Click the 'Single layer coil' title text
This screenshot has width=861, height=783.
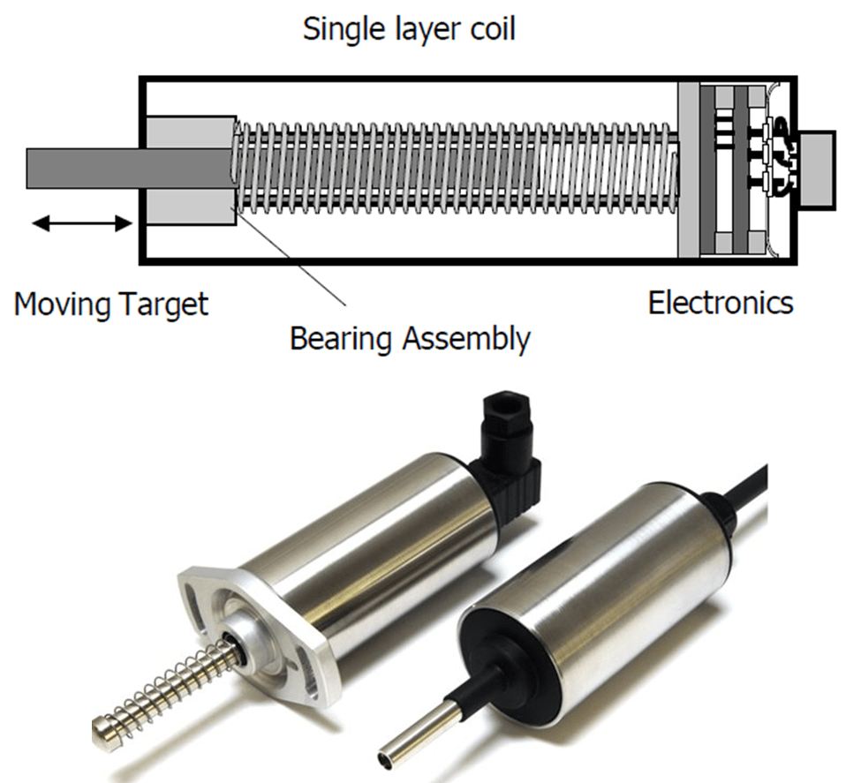coord(409,28)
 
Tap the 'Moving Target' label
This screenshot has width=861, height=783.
coord(111,305)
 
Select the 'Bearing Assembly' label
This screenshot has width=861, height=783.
coord(411,338)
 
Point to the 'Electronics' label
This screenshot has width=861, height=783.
coord(721,303)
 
